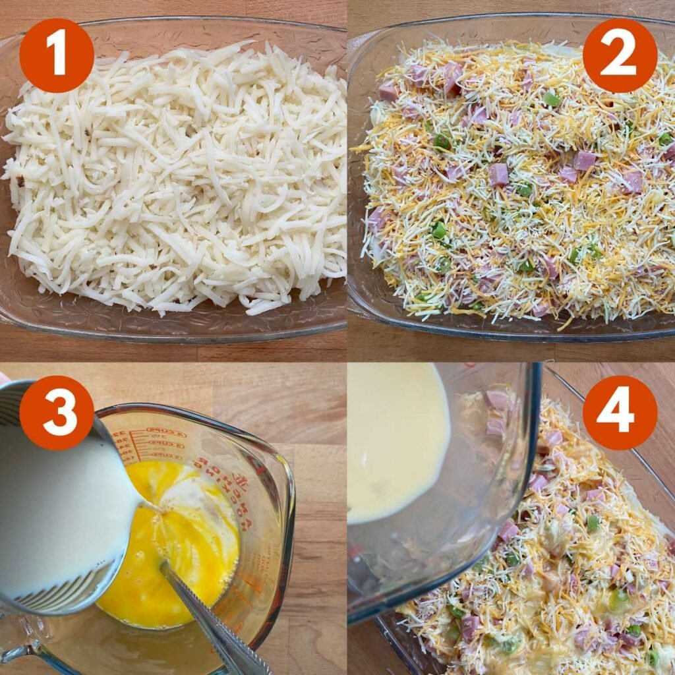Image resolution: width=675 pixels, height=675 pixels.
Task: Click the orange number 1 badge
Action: point(56,55)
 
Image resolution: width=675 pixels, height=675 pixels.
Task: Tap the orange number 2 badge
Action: point(620,55)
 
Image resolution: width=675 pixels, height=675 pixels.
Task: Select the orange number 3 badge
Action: point(56,413)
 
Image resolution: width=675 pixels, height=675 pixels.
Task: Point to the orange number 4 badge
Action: point(620,413)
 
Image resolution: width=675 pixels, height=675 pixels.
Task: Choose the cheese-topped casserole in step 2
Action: point(514,185)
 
